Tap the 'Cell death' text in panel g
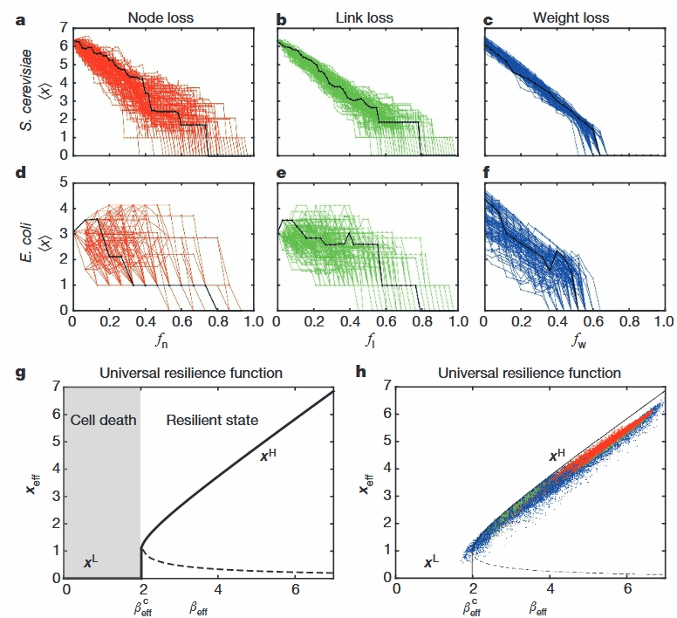coord(103,420)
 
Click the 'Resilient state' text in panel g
coord(212,420)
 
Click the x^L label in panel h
coord(432,563)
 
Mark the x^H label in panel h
coord(557,456)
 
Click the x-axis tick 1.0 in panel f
coord(662,322)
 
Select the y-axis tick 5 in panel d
coord(61,183)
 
